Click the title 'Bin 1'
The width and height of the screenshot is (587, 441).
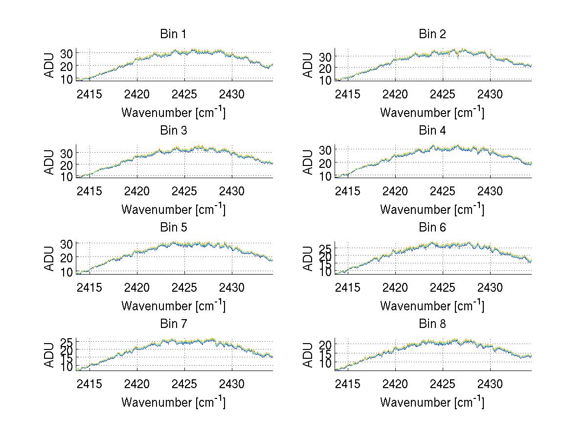click(x=173, y=34)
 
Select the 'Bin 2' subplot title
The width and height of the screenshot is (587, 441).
click(x=432, y=34)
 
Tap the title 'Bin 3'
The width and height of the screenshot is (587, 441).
click(x=173, y=131)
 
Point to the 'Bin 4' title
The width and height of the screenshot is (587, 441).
click(x=432, y=131)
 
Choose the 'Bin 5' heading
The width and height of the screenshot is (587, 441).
click(x=173, y=228)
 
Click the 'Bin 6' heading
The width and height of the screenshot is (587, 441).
click(x=432, y=228)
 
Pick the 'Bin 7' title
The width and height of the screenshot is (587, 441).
click(x=173, y=324)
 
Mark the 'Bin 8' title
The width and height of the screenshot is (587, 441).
click(x=432, y=324)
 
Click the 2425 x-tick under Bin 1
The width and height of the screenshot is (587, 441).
click(x=184, y=93)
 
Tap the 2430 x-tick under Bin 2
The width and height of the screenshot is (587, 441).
click(x=491, y=93)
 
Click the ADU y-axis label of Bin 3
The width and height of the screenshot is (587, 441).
click(x=49, y=162)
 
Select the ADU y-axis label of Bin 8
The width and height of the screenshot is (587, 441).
click(x=308, y=355)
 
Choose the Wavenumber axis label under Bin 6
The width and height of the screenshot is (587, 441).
click(x=432, y=305)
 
